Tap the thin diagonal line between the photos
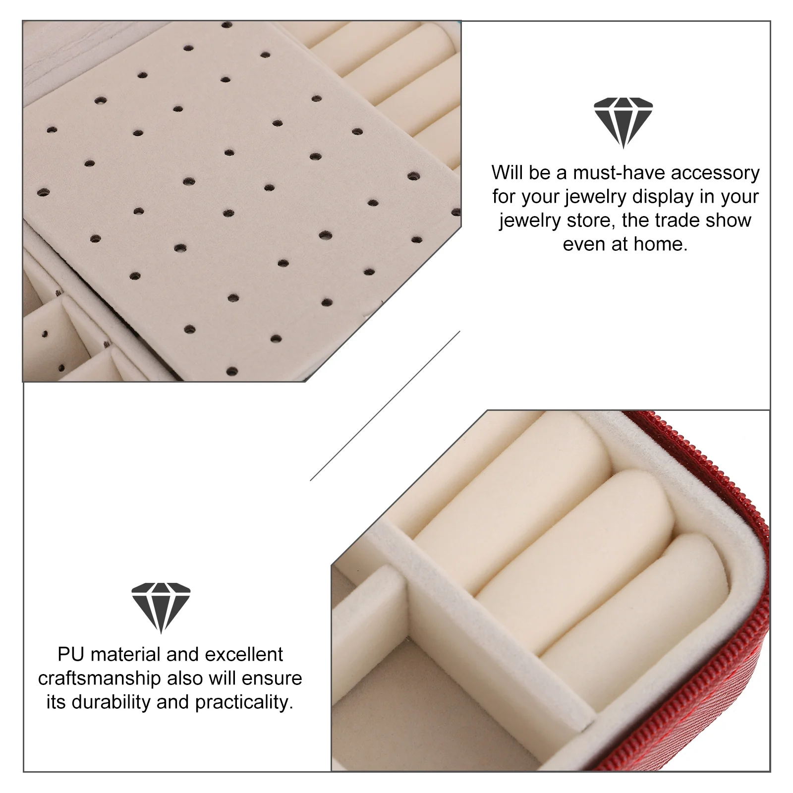[x=385, y=406]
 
